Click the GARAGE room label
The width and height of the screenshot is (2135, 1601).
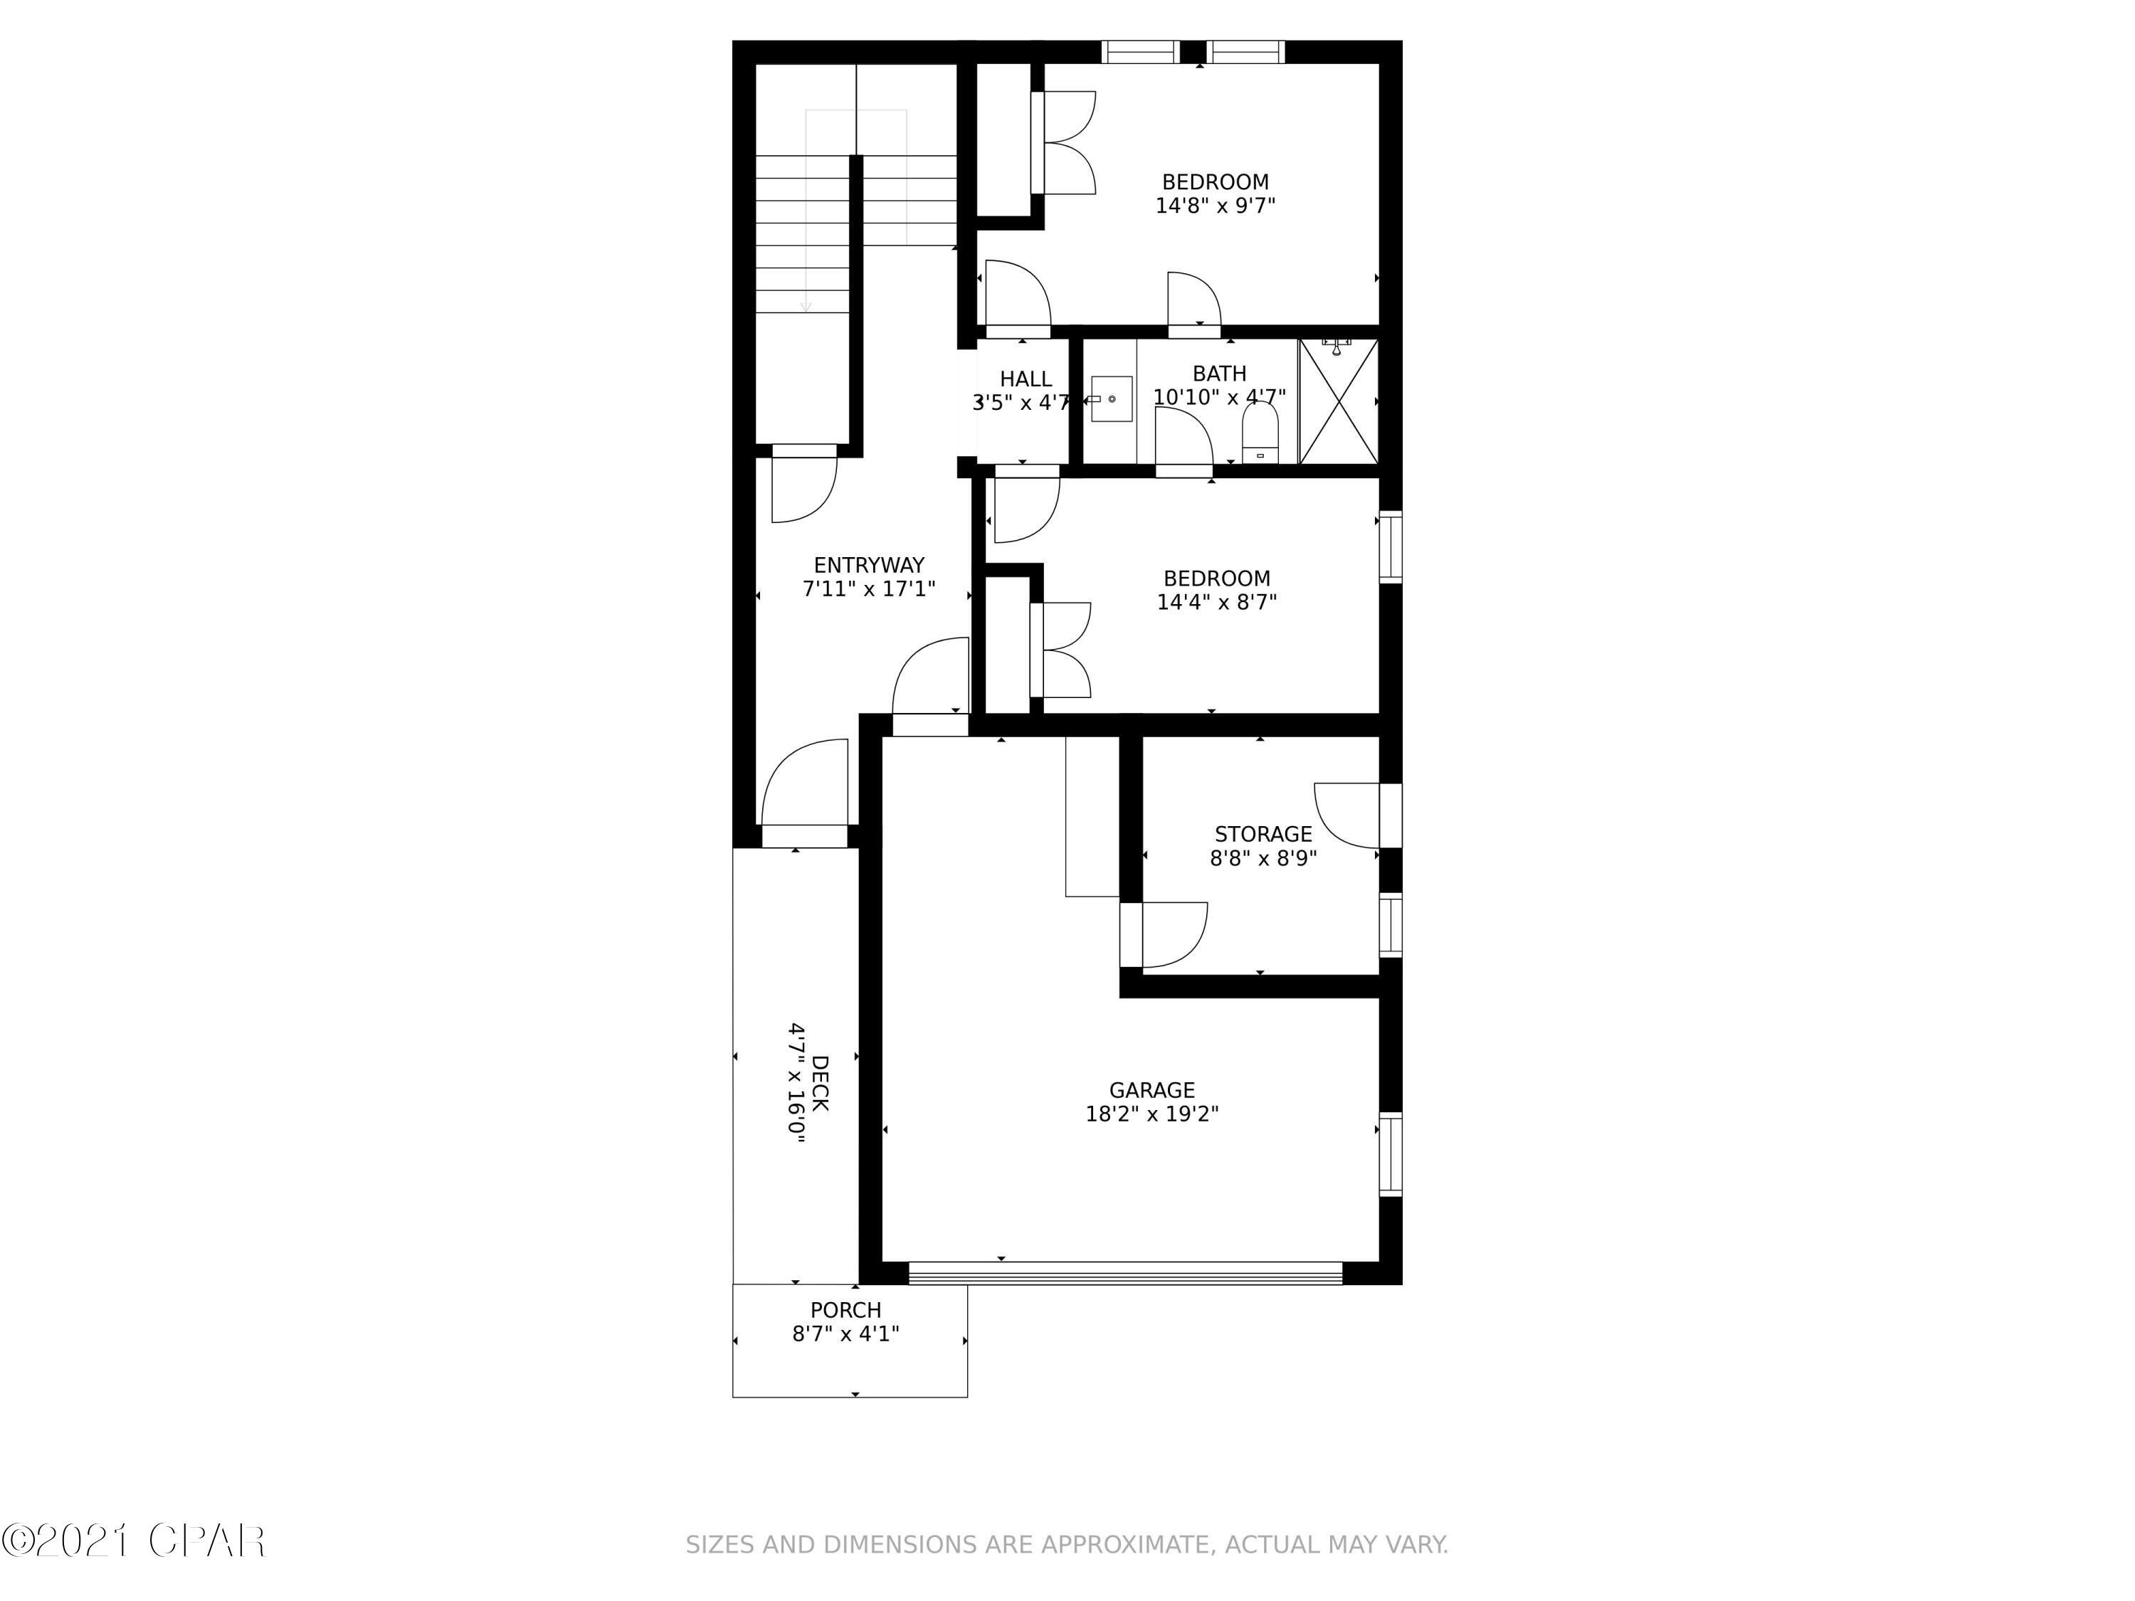pyautogui.click(x=1151, y=1091)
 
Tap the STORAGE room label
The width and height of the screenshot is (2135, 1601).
pyautogui.click(x=1263, y=834)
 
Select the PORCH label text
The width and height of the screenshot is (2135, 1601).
pyautogui.click(x=845, y=1311)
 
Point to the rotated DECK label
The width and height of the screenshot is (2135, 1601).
pyautogui.click(x=819, y=1084)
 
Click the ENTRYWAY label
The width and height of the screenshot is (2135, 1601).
pyautogui.click(x=869, y=566)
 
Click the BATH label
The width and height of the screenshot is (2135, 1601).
pyautogui.click(x=1219, y=374)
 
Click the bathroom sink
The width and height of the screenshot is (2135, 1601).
pyautogui.click(x=1111, y=398)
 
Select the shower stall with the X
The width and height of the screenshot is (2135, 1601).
pyautogui.click(x=1339, y=401)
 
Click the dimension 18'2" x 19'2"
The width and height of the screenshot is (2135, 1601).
pyautogui.click(x=1151, y=1114)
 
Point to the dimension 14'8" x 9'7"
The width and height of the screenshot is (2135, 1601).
pyautogui.click(x=1216, y=206)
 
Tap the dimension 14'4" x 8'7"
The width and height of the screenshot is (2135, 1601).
pyautogui.click(x=1216, y=602)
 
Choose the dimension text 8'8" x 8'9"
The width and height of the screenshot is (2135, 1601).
pyautogui.click(x=1263, y=858)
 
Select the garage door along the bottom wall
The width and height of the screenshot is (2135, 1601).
pyautogui.click(x=1125, y=1274)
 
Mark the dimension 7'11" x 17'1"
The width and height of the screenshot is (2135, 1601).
pyautogui.click(x=869, y=588)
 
